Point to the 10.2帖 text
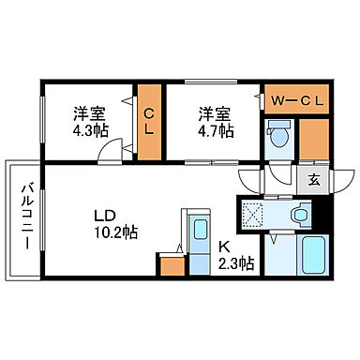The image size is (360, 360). point(115,232)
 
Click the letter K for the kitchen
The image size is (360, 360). point(224,247)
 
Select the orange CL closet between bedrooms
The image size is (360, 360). point(149,121)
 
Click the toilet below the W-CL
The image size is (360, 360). point(278,136)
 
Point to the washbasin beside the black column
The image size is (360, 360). point(298,216)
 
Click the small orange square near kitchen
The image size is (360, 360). point(172,264)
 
